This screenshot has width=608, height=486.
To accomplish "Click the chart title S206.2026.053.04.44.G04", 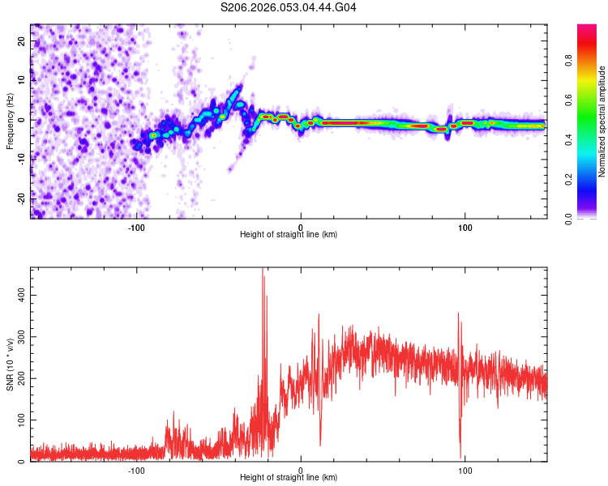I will (289, 7).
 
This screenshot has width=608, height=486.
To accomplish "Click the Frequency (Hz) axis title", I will (11, 121).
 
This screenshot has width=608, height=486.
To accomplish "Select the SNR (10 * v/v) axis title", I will (11, 364).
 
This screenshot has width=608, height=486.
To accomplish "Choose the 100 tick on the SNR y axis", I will (22, 420).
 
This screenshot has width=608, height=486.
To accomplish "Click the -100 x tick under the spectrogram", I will (136, 227).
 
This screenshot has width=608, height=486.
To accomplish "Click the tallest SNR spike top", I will (263, 269).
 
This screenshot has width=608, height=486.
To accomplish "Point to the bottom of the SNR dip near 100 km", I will (460, 458).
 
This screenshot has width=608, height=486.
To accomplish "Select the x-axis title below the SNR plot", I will (289, 478).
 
